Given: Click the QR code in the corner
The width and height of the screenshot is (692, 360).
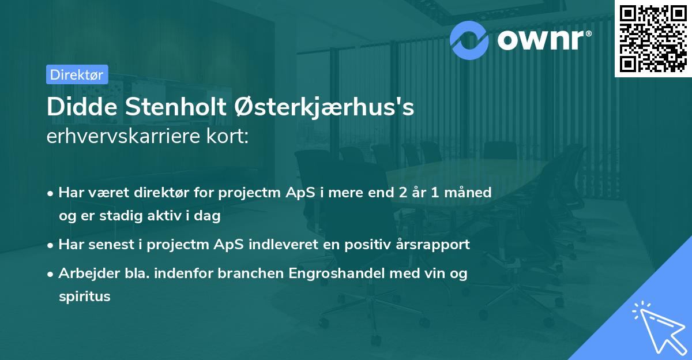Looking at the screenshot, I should [x=653, y=38].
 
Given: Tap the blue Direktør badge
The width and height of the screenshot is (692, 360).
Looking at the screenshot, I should [x=77, y=74].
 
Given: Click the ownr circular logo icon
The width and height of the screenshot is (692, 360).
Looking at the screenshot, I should [x=470, y=40].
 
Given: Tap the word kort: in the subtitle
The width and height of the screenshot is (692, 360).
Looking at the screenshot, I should [x=230, y=137].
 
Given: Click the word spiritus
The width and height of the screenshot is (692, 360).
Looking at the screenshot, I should [x=84, y=297].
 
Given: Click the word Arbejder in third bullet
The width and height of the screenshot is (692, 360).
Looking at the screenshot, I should [x=84, y=273].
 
